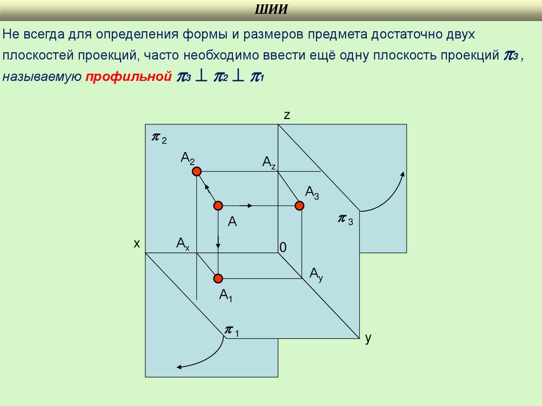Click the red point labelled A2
tap(197, 171)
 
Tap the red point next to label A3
tap(300, 205)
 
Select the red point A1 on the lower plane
tap(218, 278)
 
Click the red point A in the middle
tap(218, 205)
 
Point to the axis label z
tap(286, 115)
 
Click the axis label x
tap(136, 243)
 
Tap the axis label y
tap(368, 338)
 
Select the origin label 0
tap(283, 247)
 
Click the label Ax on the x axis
tap(183, 243)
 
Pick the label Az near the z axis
tap(269, 162)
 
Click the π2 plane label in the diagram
tap(159, 138)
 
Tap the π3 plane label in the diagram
tap(346, 219)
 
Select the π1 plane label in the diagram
tap(231, 331)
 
